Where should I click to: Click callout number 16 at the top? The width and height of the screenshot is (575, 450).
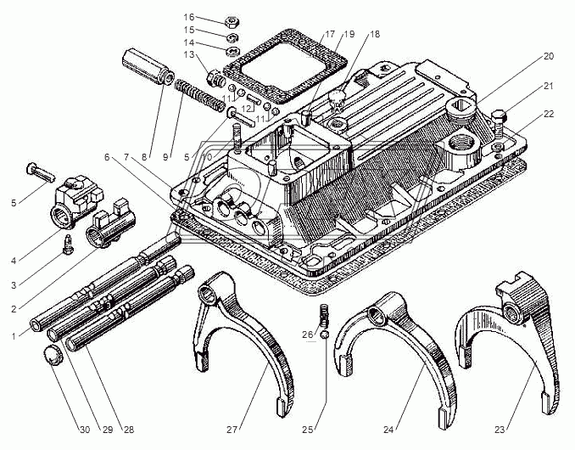click(188, 17)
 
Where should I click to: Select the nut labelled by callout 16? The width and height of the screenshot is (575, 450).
click(231, 20)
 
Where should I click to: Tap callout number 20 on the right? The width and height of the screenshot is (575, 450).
click(549, 56)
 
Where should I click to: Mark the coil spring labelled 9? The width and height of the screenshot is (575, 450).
click(200, 93)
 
